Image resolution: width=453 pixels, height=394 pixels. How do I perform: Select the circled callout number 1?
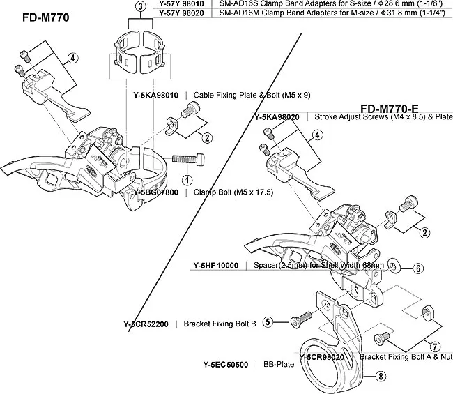tap(189, 170)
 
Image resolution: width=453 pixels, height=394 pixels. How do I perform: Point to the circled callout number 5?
tap(268, 321)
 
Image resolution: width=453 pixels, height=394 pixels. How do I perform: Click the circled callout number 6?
tap(418, 266)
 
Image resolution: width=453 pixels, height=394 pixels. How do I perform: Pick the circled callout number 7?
tap(434, 345)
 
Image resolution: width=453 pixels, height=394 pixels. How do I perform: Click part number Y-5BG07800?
tap(158, 191)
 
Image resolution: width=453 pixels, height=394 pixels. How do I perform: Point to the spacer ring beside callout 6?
tap(394, 266)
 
